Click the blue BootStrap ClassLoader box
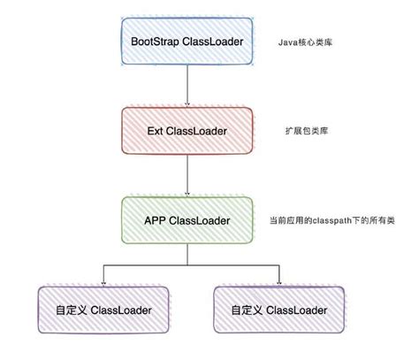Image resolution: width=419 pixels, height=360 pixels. tap(187, 41)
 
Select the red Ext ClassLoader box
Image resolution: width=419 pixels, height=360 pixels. tap(187, 131)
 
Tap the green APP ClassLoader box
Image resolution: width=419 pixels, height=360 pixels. tap(187, 220)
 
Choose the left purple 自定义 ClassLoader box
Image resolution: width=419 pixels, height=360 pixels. tap(103, 310)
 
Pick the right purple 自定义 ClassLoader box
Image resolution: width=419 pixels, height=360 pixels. tap(278, 310)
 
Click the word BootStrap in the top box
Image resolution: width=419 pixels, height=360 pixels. tap(155, 42)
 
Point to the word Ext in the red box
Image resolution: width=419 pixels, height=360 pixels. tap(155, 131)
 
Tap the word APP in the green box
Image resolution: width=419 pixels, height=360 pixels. tap(156, 220)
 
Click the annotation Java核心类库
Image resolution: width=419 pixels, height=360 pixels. tap(305, 42)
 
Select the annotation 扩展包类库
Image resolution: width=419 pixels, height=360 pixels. tap(307, 131)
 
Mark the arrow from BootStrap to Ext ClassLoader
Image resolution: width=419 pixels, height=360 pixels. tap(187, 85)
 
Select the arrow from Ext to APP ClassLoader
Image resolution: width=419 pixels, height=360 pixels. tap(187, 175)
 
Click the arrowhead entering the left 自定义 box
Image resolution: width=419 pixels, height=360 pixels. tap(103, 283)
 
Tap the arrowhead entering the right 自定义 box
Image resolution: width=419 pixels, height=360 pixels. tap(279, 283)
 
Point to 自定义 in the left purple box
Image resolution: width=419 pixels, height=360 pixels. tap(71, 310)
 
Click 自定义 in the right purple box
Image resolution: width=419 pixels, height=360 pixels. tap(247, 310)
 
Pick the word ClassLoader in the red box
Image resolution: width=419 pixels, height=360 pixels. tap(196, 131)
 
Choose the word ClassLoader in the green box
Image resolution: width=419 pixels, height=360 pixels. tap(200, 220)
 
